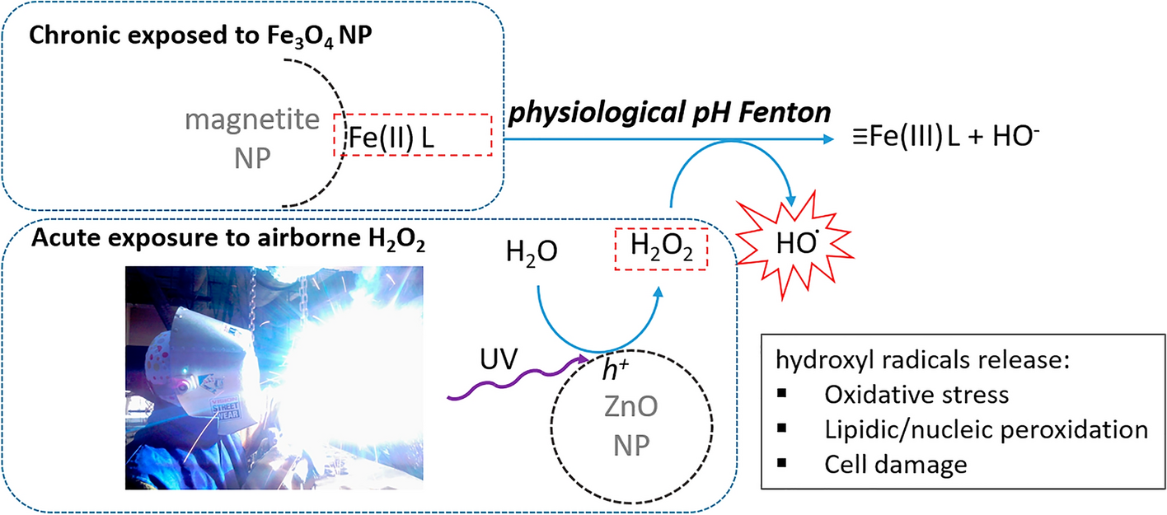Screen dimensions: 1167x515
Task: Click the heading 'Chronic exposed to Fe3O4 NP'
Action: (200, 36)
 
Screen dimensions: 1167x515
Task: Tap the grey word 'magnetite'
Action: (252, 119)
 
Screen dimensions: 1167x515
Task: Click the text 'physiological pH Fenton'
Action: (669, 113)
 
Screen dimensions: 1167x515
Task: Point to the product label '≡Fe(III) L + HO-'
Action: (945, 137)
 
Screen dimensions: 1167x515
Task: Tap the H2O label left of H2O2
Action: (532, 252)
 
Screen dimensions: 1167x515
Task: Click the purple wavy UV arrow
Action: (518, 382)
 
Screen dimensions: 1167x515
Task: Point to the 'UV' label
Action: (499, 358)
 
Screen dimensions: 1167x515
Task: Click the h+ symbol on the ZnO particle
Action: (616, 369)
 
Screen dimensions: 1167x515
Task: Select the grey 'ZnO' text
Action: (631, 406)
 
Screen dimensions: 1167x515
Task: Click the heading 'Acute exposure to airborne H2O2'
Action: (228, 239)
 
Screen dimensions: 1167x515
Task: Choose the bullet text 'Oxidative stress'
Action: (916, 395)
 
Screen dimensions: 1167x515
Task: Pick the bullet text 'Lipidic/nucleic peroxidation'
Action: (987, 429)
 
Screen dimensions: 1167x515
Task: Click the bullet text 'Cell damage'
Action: (896, 465)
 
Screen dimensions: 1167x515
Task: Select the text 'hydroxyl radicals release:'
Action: (922, 359)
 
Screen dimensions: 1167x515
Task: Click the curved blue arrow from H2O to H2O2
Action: (599, 351)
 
